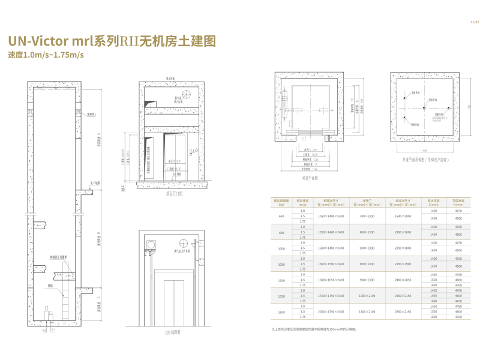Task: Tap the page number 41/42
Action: click(475, 22)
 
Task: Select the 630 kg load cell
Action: click(281, 216)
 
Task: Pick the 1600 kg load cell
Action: click(281, 311)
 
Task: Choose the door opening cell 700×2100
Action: click(367, 216)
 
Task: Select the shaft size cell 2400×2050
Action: click(403, 280)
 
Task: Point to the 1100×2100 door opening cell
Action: click(367, 311)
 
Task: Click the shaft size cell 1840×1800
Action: click(403, 216)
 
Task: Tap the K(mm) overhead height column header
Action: click(458, 203)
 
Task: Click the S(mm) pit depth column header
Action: click(434, 203)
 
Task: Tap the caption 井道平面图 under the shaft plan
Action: click(310, 178)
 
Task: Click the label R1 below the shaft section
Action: click(53, 331)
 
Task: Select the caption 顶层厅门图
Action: click(174, 194)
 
